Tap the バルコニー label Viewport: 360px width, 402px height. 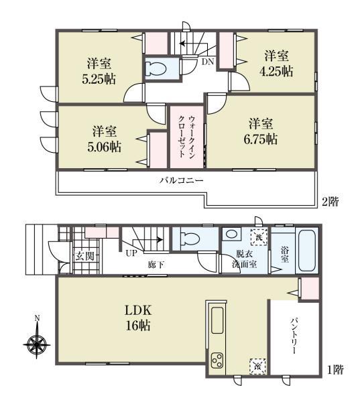[181, 180]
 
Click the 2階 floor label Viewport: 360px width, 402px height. [331, 201]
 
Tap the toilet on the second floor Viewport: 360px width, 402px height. [156, 68]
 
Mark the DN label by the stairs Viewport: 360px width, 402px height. [207, 62]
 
